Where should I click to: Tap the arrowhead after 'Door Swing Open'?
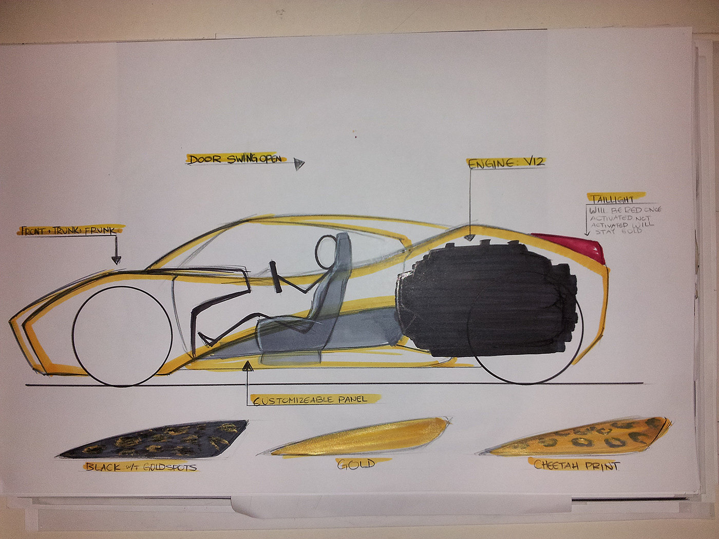tap(299, 164)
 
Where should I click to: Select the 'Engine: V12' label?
tap(505, 163)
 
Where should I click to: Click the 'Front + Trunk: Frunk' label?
tap(70, 230)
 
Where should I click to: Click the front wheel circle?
tap(122, 336)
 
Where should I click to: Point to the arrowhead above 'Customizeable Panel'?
tap(248, 366)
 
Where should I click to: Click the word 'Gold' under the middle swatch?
tap(355, 465)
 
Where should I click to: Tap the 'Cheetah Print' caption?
tap(576, 466)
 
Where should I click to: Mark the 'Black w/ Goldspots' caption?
tap(141, 467)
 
